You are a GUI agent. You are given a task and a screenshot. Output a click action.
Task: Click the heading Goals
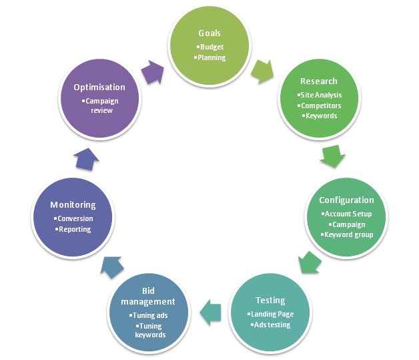tap(209, 33)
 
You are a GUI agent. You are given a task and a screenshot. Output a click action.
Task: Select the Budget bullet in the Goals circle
tap(210, 47)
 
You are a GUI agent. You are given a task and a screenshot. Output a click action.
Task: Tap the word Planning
tap(210, 57)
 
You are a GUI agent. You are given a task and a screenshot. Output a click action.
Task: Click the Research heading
tap(319, 81)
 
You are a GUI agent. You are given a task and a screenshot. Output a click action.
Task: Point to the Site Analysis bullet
tap(320, 95)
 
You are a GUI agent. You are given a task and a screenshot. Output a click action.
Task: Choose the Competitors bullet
tap(320, 106)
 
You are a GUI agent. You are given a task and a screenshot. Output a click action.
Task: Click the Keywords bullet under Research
tap(320, 116)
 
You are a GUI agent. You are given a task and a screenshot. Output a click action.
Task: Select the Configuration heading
tap(346, 200)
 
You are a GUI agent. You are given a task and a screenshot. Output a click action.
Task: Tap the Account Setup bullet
tap(346, 214)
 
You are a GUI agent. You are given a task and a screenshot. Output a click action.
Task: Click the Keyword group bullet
tap(347, 235)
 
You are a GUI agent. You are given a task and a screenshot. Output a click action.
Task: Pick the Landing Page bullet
tap(270, 315)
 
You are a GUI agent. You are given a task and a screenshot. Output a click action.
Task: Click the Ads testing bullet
tap(270, 325)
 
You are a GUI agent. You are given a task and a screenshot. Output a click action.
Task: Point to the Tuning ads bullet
tap(149, 316)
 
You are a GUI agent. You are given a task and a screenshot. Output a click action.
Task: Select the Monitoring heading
tap(73, 205)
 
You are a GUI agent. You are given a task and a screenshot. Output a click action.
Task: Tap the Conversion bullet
tap(73, 219)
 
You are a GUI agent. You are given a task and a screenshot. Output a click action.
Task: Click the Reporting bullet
tap(73, 230)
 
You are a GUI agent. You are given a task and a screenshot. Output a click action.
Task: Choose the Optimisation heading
tap(99, 87)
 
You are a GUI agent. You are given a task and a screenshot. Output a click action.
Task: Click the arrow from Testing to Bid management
tap(211, 313)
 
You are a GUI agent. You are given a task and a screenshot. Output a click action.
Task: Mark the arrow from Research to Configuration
tap(333, 156)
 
